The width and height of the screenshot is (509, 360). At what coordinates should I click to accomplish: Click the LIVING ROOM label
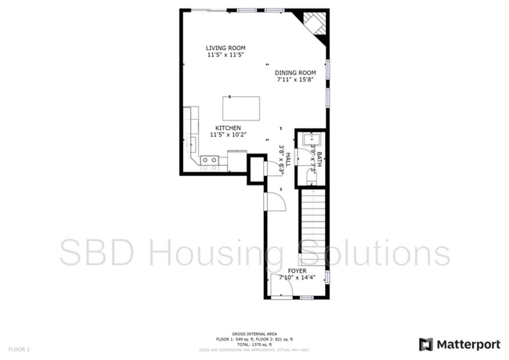226,49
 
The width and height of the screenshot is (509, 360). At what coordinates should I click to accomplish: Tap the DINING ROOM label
294,72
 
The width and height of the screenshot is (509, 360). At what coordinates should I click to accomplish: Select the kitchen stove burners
209,161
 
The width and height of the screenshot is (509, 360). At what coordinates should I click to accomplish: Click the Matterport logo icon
426,344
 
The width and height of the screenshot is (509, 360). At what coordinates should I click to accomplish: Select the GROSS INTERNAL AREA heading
255,333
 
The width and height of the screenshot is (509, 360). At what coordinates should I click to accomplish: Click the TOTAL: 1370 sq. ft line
255,344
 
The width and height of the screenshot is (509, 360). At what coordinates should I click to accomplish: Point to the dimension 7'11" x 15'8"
294,79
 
